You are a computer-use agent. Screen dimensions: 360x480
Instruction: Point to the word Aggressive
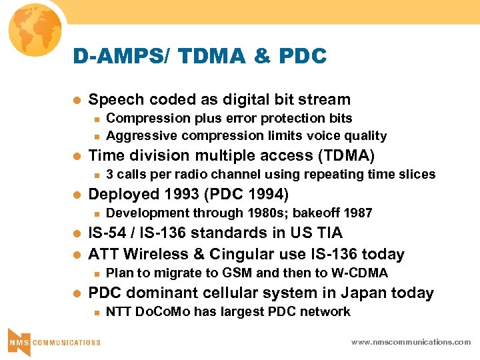tap(136, 136)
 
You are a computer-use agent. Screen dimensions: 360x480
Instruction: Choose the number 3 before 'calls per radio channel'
tap(109, 175)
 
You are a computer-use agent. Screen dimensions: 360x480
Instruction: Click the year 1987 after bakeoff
tap(358, 213)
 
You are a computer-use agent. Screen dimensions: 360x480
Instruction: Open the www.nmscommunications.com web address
tap(411, 342)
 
